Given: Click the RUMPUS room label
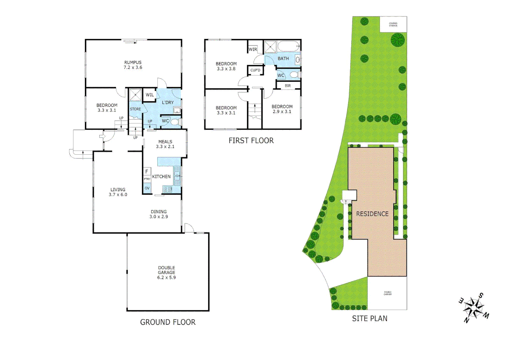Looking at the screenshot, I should pyautogui.click(x=133, y=65).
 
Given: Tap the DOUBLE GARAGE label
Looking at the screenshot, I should pyautogui.click(x=167, y=272).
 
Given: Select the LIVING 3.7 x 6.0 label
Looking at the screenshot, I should pyautogui.click(x=118, y=192).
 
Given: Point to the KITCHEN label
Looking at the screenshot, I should pyautogui.click(x=161, y=176).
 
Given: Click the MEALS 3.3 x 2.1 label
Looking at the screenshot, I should pyautogui.click(x=165, y=144).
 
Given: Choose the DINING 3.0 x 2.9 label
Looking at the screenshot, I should pyautogui.click(x=159, y=214).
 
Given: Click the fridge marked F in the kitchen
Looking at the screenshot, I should pyautogui.click(x=147, y=172).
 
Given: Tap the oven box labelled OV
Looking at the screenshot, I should pyautogui.click(x=147, y=188).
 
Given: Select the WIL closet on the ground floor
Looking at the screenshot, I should pyautogui.click(x=150, y=95).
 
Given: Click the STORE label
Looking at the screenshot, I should pyautogui.click(x=135, y=109).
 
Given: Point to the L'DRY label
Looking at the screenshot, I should pyautogui.click(x=168, y=102).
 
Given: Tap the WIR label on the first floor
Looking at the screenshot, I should pyautogui.click(x=253, y=49).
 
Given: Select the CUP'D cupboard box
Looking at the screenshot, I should pyautogui.click(x=255, y=70).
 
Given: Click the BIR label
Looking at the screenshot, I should pyautogui.click(x=288, y=86).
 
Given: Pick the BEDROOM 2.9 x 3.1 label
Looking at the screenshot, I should pyautogui.click(x=282, y=109).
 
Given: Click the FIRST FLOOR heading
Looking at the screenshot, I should pyautogui.click(x=251, y=141).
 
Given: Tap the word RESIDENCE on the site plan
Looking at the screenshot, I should pyautogui.click(x=372, y=214).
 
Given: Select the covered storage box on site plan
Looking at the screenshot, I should pyautogui.click(x=393, y=24).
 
